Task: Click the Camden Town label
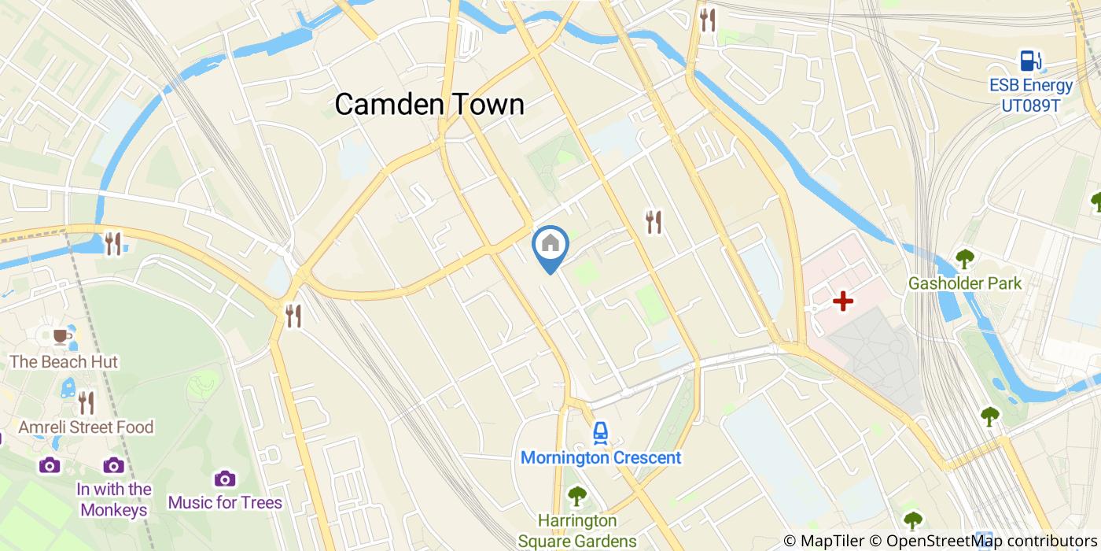point(429,104)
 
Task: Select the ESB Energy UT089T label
point(1031,94)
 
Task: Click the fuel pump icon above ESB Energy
point(1029,61)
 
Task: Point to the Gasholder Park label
point(964,283)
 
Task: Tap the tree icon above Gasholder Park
point(964,258)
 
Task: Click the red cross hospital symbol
point(843,301)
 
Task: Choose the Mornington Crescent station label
point(601,457)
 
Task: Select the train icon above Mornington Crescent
point(601,431)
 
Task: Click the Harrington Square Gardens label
point(577,531)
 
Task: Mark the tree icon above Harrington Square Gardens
point(577,496)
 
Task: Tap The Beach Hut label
point(64,362)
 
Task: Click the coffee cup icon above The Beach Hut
point(61,337)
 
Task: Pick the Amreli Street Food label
point(86,427)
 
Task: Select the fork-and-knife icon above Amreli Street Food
point(86,403)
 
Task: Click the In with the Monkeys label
point(114,499)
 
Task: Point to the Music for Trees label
point(225,502)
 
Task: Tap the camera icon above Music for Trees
point(225,478)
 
